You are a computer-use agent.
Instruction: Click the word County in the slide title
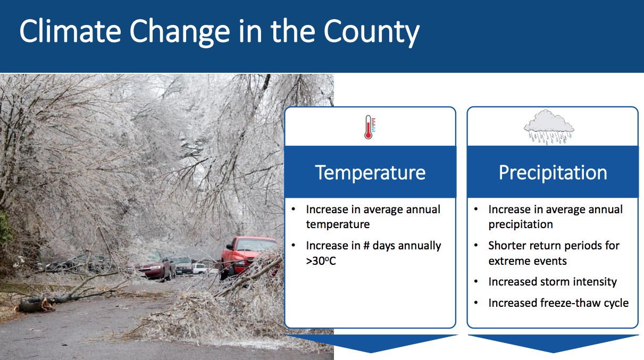tap(371, 33)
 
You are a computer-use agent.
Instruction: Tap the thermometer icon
tap(370, 127)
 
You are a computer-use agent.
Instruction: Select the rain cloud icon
tap(549, 127)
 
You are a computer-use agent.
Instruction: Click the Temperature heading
tap(370, 172)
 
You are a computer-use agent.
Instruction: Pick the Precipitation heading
tap(553, 172)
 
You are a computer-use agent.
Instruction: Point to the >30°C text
tap(321, 261)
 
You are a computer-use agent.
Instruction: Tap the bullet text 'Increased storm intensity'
tap(553, 281)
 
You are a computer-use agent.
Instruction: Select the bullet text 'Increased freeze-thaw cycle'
tap(558, 303)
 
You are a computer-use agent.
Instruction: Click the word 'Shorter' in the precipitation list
tap(507, 246)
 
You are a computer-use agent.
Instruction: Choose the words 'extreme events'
tap(528, 261)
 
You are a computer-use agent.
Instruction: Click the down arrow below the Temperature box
tap(371, 344)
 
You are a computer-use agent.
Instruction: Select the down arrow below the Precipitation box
tap(553, 344)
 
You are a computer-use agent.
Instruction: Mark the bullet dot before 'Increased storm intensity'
tap(476, 281)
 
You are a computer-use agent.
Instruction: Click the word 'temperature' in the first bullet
tap(338, 224)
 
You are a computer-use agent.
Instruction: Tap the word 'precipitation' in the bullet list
tap(521, 224)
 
